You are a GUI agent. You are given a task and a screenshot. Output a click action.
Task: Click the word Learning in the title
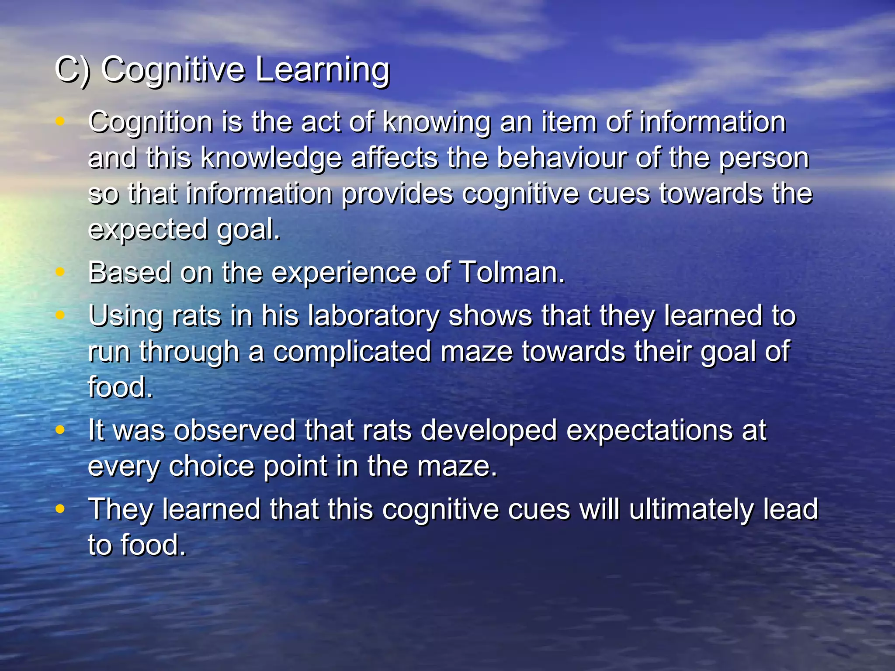[322, 70]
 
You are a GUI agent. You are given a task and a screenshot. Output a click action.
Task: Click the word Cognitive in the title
[173, 70]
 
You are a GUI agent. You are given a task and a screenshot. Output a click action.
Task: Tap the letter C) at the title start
[73, 70]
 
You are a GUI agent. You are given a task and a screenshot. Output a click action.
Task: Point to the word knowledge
[271, 158]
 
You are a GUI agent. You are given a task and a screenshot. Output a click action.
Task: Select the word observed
[235, 430]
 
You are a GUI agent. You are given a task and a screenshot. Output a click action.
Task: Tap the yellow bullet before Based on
[60, 272]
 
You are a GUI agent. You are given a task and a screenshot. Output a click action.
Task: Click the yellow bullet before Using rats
[60, 315]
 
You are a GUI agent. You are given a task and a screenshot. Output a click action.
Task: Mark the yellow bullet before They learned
[60, 509]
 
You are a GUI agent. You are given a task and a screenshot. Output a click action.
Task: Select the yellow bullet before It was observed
[60, 430]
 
